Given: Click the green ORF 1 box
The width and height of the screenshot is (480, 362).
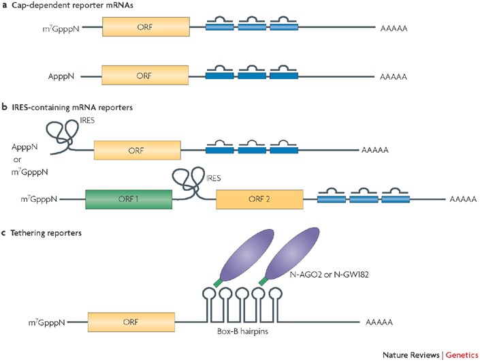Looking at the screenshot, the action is point(129,199).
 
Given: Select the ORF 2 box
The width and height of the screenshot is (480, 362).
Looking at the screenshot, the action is point(259,199).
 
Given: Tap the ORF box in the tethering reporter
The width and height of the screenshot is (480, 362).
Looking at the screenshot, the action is point(131,322).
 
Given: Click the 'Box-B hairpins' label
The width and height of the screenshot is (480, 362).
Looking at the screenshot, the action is point(242,331).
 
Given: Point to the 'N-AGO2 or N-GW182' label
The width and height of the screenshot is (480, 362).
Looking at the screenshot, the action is point(329,275).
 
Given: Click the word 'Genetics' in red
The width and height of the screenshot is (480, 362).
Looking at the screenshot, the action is point(462,355).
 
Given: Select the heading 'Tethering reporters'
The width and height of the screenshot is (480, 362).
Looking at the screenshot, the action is point(46,233).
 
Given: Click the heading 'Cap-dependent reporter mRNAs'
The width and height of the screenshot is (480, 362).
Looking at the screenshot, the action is point(72,5).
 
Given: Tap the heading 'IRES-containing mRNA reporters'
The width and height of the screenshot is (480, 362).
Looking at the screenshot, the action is point(72,107).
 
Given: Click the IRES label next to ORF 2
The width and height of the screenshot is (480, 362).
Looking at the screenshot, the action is point(213,178).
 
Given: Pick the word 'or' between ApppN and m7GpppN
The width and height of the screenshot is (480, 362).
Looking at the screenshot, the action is point(17,160).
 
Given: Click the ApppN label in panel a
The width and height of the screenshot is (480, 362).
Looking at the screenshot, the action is point(61,76).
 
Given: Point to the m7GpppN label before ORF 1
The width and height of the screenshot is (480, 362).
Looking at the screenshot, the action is point(39,199).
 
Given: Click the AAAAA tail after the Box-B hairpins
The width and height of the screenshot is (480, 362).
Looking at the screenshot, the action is point(379,322).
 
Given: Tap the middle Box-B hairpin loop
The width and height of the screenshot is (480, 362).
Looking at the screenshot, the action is point(242,295).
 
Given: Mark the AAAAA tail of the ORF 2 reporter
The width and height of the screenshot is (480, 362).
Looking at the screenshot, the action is point(463,199).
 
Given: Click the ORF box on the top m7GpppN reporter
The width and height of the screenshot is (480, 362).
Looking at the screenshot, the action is point(146,27).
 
